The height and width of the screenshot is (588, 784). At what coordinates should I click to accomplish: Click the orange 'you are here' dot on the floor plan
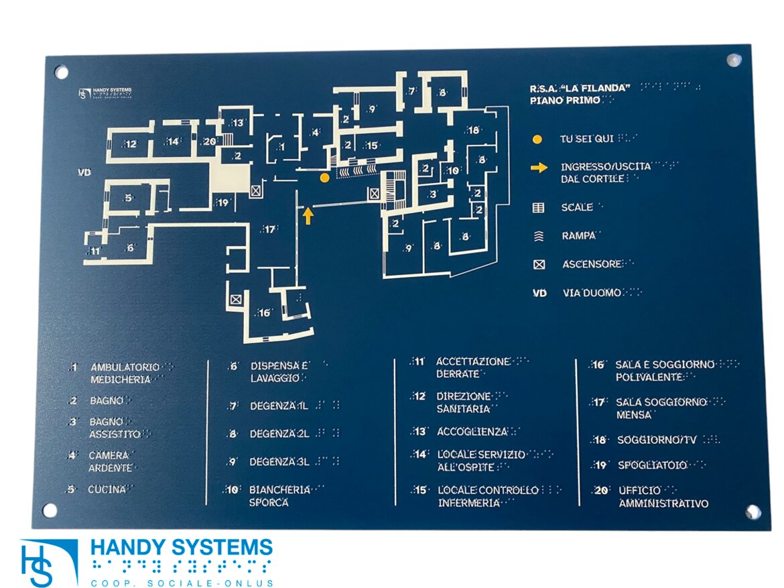click(324, 178)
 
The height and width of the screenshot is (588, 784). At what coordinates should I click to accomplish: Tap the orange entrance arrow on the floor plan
click(308, 215)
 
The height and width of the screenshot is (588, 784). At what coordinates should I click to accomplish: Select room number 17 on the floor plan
click(269, 229)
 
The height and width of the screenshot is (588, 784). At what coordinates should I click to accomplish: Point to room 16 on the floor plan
click(264, 312)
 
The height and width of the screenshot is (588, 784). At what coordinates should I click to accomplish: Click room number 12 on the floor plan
click(130, 143)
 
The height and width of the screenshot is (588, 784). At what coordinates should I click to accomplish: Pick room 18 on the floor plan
click(473, 130)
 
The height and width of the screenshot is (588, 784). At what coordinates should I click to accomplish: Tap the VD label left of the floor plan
click(84, 173)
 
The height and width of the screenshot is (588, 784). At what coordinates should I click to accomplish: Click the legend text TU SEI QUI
click(586, 139)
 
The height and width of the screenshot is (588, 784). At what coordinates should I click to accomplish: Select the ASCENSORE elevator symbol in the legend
click(539, 265)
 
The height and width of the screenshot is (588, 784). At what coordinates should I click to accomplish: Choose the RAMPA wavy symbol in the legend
click(538, 236)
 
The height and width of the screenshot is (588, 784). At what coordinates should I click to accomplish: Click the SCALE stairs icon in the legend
click(538, 208)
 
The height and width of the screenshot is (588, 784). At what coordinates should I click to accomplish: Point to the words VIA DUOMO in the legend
click(592, 293)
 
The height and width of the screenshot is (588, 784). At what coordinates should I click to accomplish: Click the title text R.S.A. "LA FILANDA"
click(580, 89)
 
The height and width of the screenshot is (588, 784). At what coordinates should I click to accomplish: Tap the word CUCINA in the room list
click(107, 489)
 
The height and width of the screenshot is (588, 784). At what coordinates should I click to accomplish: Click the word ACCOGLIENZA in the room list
click(472, 432)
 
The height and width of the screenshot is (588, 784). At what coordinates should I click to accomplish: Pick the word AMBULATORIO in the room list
click(125, 367)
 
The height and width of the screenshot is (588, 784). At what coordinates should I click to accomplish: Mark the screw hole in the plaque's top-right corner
click(734, 60)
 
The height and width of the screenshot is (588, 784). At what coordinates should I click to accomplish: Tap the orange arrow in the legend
click(539, 167)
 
